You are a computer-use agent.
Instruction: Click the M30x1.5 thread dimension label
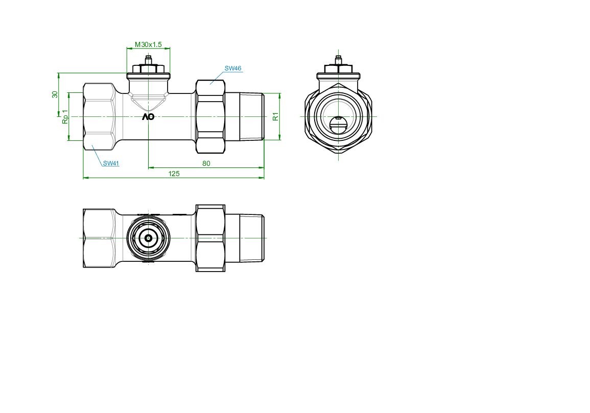tap(148, 44)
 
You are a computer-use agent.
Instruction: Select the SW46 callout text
tap(233, 68)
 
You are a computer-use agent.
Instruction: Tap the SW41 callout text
tap(111, 163)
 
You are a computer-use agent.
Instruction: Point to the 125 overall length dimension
tap(174, 174)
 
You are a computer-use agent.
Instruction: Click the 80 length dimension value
tap(206, 164)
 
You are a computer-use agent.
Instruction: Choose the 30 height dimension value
tap(55, 94)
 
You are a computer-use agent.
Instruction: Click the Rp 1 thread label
tap(65, 116)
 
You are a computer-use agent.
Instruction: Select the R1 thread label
tap(276, 116)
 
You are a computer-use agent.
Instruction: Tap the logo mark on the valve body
tap(148, 117)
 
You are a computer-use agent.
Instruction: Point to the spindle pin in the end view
tap(338, 59)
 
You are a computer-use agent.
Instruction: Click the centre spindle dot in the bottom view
tap(149, 238)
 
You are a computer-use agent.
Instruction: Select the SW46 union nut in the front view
tap(210, 116)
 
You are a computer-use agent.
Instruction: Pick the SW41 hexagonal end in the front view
tap(98, 116)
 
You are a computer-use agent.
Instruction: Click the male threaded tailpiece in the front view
tap(245, 116)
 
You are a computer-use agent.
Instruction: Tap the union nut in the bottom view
tap(210, 238)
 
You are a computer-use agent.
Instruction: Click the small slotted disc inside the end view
tap(338, 125)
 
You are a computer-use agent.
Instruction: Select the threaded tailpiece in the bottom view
tap(245, 238)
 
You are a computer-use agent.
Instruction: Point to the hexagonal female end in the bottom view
tap(98, 238)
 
